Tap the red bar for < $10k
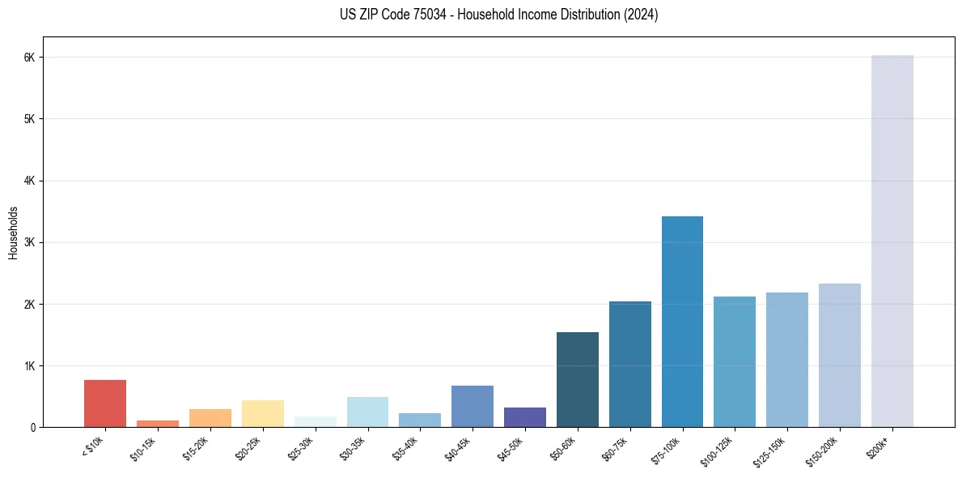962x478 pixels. pyautogui.click(x=105, y=403)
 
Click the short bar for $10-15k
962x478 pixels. pyautogui.click(x=158, y=423)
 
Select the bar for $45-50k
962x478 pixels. pyautogui.click(x=524, y=417)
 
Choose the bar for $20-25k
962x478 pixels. pyautogui.click(x=262, y=413)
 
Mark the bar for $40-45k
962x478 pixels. pyautogui.click(x=473, y=406)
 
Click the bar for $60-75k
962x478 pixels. pyautogui.click(x=629, y=364)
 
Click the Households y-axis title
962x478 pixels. pyautogui.click(x=13, y=233)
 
